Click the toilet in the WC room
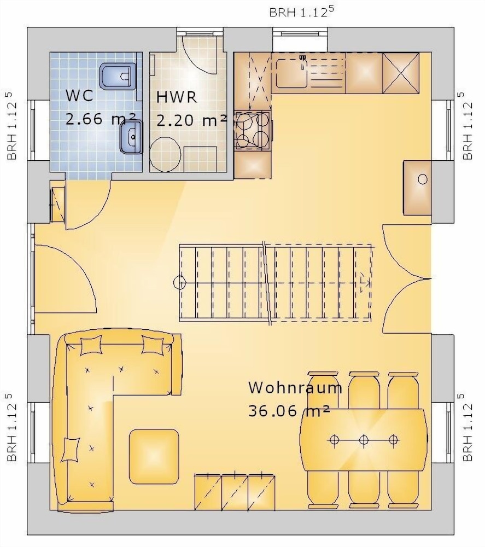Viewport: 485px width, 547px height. point(118,75)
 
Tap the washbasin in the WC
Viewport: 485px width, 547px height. point(131,137)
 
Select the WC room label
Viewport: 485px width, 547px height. point(79,96)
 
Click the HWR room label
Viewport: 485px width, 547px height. point(177,97)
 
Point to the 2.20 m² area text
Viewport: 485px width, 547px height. point(191,121)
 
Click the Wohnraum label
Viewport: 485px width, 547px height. point(295,388)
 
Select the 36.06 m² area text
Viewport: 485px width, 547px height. point(289,411)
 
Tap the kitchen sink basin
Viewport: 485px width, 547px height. point(291,73)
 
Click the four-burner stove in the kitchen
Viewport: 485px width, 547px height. point(253,130)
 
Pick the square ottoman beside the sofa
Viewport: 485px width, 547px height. point(154,457)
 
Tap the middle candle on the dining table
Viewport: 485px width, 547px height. point(364,440)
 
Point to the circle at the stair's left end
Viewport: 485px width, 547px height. point(180,282)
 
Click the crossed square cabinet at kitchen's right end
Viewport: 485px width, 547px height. point(401,73)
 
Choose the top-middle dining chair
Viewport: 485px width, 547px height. point(364,390)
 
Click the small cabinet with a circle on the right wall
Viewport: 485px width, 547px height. point(417,187)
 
